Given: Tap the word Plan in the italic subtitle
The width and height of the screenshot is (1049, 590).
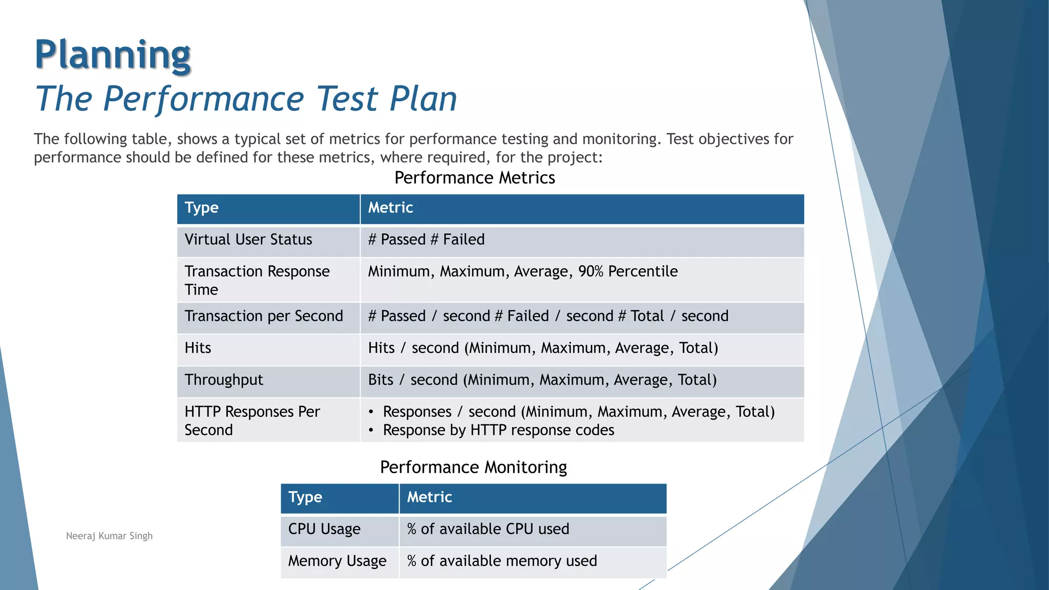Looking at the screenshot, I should [423, 98].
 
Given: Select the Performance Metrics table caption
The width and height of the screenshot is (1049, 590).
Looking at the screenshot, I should [474, 178].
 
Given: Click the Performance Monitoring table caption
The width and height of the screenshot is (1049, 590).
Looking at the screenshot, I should [473, 467].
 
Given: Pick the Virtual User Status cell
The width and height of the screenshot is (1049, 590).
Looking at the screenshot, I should [248, 240].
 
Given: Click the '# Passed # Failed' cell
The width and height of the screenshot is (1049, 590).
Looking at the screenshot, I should [426, 240].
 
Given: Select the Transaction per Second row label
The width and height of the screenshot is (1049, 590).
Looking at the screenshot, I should [264, 316].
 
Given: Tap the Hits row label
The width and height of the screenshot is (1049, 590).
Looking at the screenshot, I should [198, 348].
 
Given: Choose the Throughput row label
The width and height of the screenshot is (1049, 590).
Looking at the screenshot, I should [224, 380].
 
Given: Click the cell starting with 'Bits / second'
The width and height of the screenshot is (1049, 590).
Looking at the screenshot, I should [542, 380].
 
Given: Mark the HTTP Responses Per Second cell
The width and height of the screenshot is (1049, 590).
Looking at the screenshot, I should [252, 420].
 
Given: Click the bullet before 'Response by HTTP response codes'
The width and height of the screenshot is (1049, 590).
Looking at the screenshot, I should [371, 431].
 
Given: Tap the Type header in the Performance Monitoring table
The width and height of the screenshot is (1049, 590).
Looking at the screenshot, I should [305, 497].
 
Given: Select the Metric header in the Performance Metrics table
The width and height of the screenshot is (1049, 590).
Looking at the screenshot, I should [390, 208].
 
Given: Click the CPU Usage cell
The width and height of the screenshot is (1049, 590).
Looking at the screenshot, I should [324, 529].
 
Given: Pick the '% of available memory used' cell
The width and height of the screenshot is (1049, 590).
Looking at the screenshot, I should [502, 561].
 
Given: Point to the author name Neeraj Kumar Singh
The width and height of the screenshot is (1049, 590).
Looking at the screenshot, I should [109, 536].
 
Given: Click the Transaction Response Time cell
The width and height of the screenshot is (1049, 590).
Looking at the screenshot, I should [257, 280].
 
